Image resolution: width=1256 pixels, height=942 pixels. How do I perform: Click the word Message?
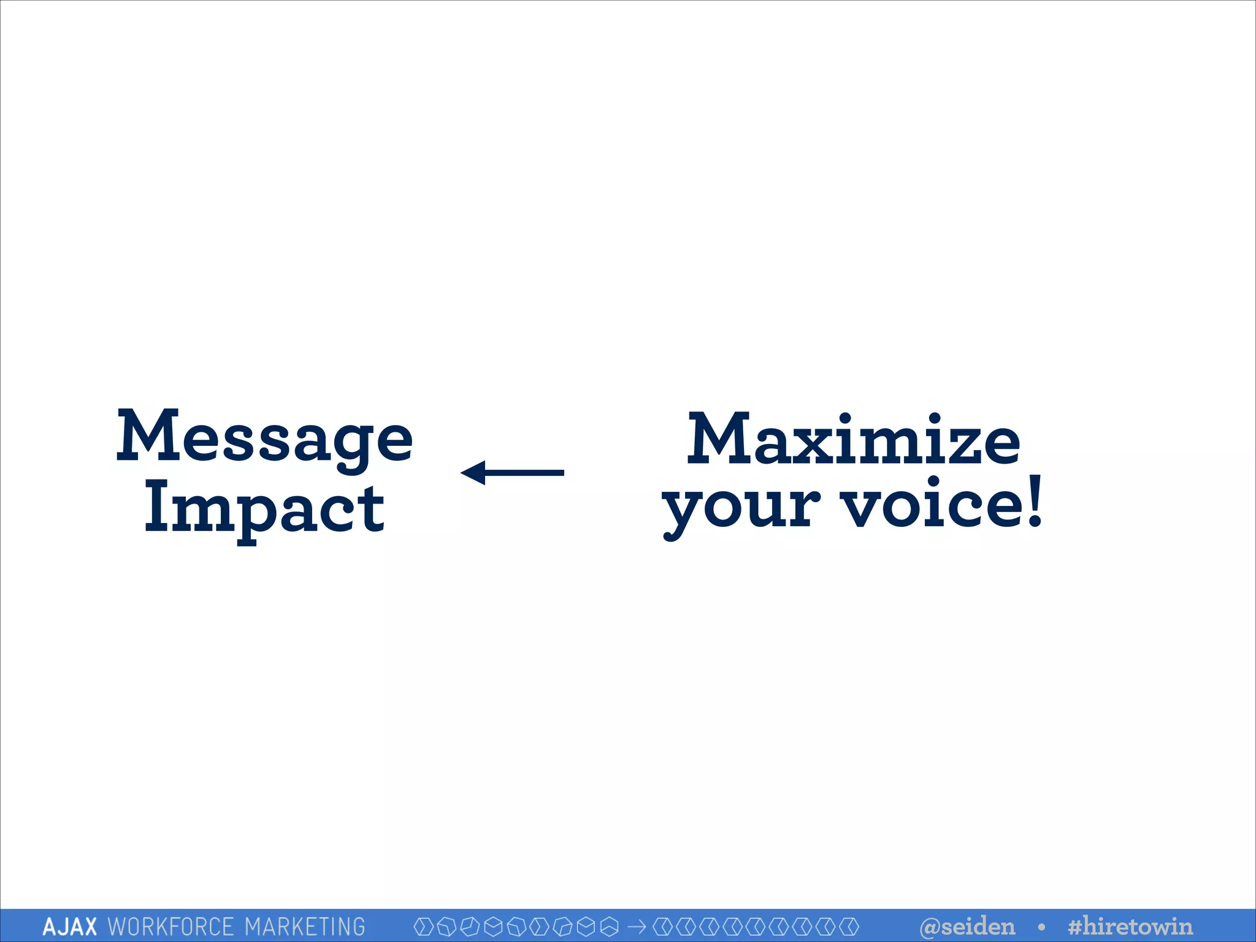[264, 437]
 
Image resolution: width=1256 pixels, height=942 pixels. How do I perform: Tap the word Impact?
[264, 509]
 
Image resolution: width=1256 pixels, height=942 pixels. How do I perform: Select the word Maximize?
[853, 438]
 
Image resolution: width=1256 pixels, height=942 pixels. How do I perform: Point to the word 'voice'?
[932, 504]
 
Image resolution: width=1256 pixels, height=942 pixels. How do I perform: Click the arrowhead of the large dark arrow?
[474, 472]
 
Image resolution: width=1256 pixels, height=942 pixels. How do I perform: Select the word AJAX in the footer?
[69, 926]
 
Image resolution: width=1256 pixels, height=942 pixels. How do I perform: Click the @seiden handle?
[967, 926]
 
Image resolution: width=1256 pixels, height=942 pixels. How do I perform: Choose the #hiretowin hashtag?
[1130, 926]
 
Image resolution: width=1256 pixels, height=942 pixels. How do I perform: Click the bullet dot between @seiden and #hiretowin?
[1041, 926]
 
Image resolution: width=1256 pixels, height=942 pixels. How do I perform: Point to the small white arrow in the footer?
[637, 926]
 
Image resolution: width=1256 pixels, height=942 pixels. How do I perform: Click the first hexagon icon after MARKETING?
[423, 926]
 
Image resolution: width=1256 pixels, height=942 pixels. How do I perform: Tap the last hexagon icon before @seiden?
[849, 926]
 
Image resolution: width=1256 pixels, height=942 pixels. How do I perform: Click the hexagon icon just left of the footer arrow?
[609, 926]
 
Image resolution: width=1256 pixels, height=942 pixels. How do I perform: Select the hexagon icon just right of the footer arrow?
[662, 926]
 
